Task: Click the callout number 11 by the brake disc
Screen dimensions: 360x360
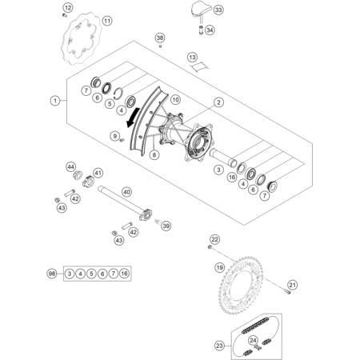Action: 107,21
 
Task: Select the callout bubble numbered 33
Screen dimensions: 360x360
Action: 218,10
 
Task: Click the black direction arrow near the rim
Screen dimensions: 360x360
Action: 133,117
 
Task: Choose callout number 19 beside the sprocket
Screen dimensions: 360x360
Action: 219,267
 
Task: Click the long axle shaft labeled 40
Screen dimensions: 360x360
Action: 125,203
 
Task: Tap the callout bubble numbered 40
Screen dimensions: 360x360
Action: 126,192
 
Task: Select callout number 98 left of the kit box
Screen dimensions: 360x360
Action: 52,274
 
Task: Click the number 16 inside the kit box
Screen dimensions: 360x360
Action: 124,274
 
